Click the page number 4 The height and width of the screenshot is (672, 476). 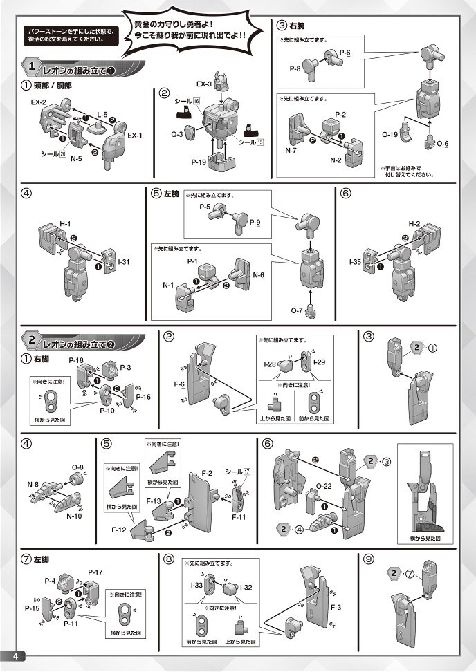(x=13, y=655)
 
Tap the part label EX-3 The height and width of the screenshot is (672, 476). (x=203, y=84)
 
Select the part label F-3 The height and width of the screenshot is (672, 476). (x=337, y=606)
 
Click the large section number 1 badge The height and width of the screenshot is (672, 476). (x=32, y=68)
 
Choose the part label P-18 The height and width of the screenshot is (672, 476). (x=75, y=361)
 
